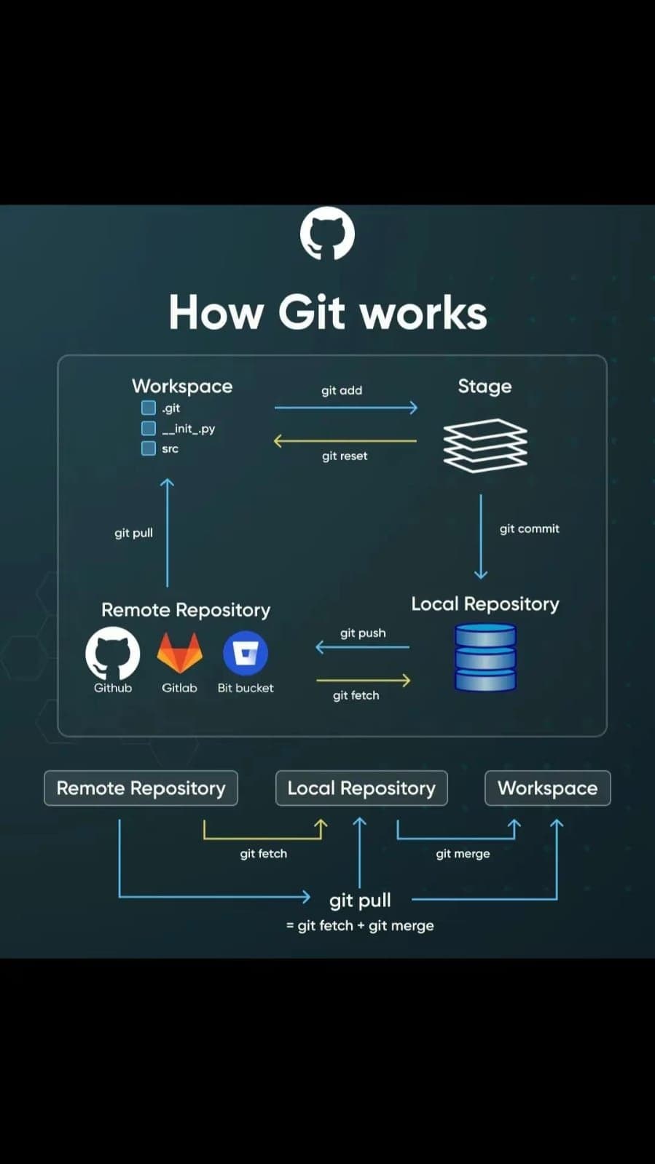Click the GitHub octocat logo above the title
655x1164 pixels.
[x=327, y=234]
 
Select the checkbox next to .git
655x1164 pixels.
[x=149, y=408]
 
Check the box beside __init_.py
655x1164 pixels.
[x=149, y=428]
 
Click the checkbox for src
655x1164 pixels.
[x=149, y=448]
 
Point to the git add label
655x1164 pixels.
[x=342, y=390]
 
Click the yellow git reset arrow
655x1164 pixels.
[x=345, y=440]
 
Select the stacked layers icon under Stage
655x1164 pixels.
[x=485, y=445]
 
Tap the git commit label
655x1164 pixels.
[x=529, y=528]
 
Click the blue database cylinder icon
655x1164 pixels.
[x=485, y=657]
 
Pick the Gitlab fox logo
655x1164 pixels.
[x=179, y=652]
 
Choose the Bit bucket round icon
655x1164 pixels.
[x=246, y=652]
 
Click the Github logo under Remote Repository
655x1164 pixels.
[x=113, y=653]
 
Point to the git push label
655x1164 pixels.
[x=363, y=633]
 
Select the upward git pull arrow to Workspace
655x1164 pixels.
[x=167, y=531]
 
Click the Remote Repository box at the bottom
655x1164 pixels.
[x=141, y=788]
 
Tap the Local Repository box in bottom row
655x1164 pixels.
[x=361, y=788]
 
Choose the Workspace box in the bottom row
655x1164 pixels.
[x=547, y=788]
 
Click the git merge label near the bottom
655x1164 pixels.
[x=463, y=853]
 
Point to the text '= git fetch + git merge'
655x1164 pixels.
[x=360, y=926]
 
